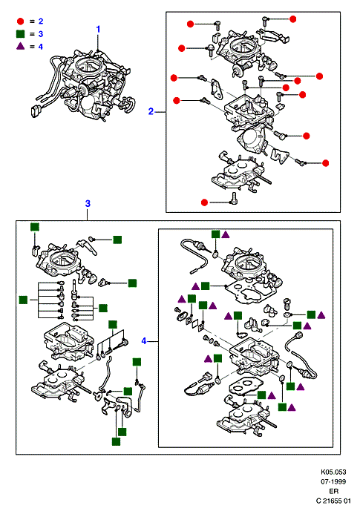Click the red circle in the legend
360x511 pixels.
click(x=20, y=22)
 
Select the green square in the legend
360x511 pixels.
click(x=20, y=34)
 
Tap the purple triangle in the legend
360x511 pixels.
click(x=20, y=46)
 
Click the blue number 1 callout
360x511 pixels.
click(x=98, y=30)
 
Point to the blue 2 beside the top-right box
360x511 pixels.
click(x=151, y=111)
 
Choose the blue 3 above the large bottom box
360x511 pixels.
click(x=88, y=204)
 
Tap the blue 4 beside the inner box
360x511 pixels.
click(x=144, y=341)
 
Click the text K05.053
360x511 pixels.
click(x=333, y=472)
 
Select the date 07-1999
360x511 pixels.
click(x=333, y=481)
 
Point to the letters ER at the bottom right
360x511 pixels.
click(x=334, y=491)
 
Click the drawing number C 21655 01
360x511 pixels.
click(x=333, y=501)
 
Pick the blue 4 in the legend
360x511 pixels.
click(x=40, y=47)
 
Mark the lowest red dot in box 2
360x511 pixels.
click(x=204, y=202)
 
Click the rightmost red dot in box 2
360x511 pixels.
click(x=325, y=163)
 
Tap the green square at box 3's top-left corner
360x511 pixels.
click(x=35, y=227)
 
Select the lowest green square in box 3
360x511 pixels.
click(x=116, y=441)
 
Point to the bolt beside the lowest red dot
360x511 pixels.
click(x=234, y=199)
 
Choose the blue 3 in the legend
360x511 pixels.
click(x=40, y=34)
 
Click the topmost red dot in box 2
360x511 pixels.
click(x=293, y=19)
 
